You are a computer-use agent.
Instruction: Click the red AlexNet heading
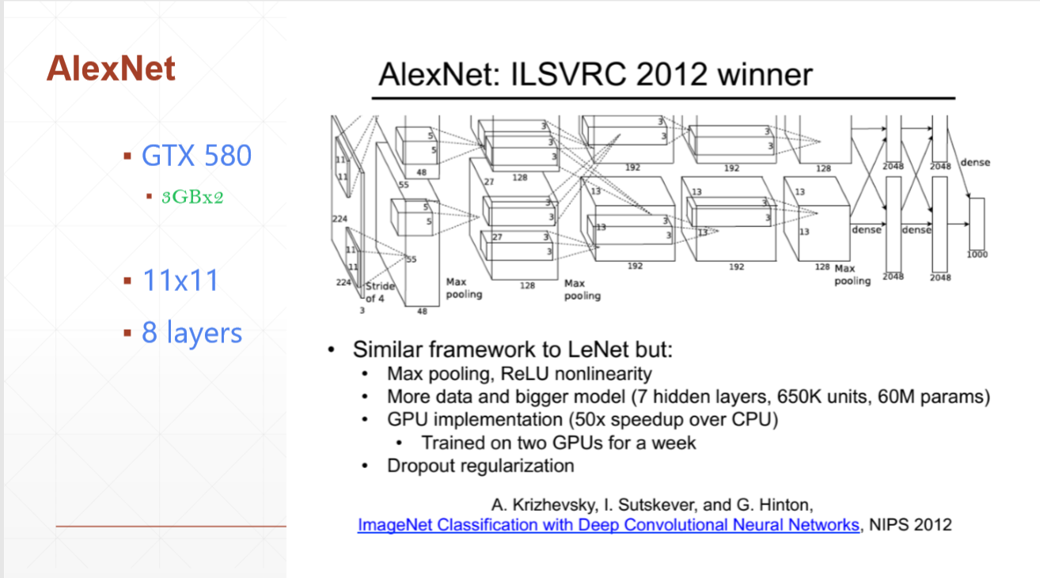pyautogui.click(x=111, y=69)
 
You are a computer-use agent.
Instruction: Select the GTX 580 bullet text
pyautogui.click(x=196, y=156)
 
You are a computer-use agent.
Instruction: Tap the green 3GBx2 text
pyautogui.click(x=192, y=197)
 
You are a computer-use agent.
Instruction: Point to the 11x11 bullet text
pyautogui.click(x=180, y=280)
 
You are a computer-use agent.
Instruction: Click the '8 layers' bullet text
pyautogui.click(x=192, y=332)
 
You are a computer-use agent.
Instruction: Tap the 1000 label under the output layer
pyautogui.click(x=977, y=255)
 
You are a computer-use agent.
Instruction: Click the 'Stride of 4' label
pyautogui.click(x=380, y=293)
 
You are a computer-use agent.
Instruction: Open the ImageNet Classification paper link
pyautogui.click(x=608, y=525)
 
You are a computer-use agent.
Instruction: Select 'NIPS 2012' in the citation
pyautogui.click(x=910, y=525)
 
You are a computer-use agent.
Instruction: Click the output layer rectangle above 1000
pyautogui.click(x=977, y=224)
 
